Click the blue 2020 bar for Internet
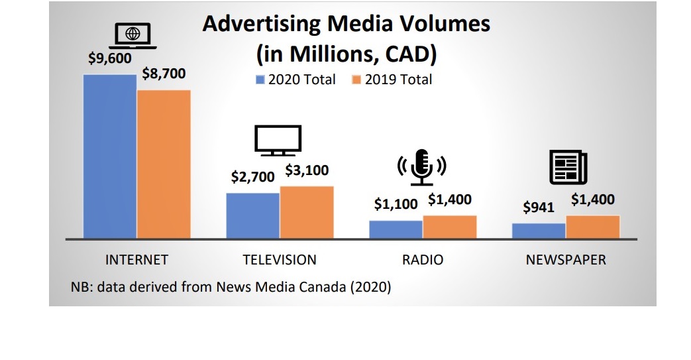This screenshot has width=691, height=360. click(x=109, y=156)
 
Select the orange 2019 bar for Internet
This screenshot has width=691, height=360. click(x=164, y=164)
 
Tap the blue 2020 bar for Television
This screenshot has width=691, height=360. click(x=252, y=215)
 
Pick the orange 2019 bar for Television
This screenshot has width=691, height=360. click(x=307, y=212)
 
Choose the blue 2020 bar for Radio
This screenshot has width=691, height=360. click(x=396, y=229)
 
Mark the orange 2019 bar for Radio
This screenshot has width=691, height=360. click(x=450, y=227)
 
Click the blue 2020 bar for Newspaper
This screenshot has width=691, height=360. click(x=539, y=230)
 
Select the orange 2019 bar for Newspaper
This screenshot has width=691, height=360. click(x=593, y=227)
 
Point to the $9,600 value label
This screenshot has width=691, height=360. click(x=110, y=58)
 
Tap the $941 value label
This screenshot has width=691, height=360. click(x=539, y=208)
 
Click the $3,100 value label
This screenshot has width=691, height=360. click(x=307, y=170)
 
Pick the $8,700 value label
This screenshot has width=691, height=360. click(x=164, y=74)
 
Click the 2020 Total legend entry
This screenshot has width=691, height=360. click(x=296, y=80)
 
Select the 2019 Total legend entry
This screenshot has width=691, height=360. click(x=392, y=80)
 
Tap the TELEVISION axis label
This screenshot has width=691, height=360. click(x=280, y=259)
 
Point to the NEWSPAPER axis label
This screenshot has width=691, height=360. click(x=566, y=259)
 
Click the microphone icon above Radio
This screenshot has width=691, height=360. click(x=422, y=166)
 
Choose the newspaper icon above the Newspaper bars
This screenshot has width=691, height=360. click(x=568, y=166)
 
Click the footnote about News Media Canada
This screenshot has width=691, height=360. click(x=231, y=287)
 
